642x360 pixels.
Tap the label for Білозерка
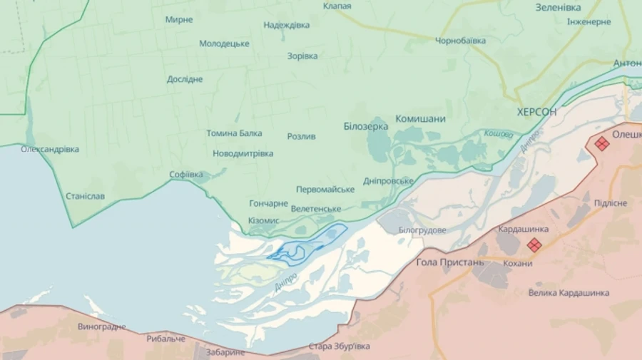365,126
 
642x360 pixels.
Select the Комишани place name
420,119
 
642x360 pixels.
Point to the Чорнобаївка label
460,41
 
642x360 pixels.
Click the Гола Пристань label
450,262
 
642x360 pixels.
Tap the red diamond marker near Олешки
602,143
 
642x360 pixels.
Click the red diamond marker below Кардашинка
534,245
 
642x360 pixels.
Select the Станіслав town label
85,195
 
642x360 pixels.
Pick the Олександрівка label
50,149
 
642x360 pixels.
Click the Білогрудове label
422,230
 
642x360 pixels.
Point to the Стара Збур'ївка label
340,346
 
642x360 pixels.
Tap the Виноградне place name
102,326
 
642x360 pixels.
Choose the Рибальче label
166,339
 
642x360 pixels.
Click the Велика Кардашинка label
569,293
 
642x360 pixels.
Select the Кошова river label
498,133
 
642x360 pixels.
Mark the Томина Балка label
234,133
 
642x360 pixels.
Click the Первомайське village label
325,189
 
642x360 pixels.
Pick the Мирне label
178,19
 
